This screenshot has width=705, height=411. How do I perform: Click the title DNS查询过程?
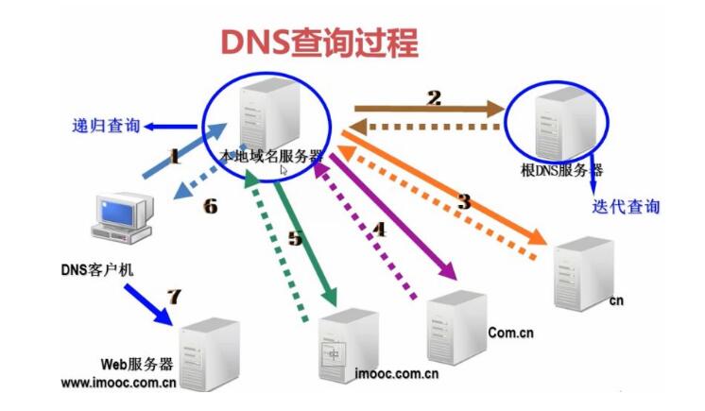[x=318, y=42]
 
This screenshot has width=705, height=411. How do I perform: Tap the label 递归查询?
[x=105, y=125]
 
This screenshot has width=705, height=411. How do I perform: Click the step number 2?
[x=434, y=95]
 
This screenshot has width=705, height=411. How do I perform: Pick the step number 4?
[x=379, y=229]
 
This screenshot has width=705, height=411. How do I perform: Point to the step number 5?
[x=295, y=239]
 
